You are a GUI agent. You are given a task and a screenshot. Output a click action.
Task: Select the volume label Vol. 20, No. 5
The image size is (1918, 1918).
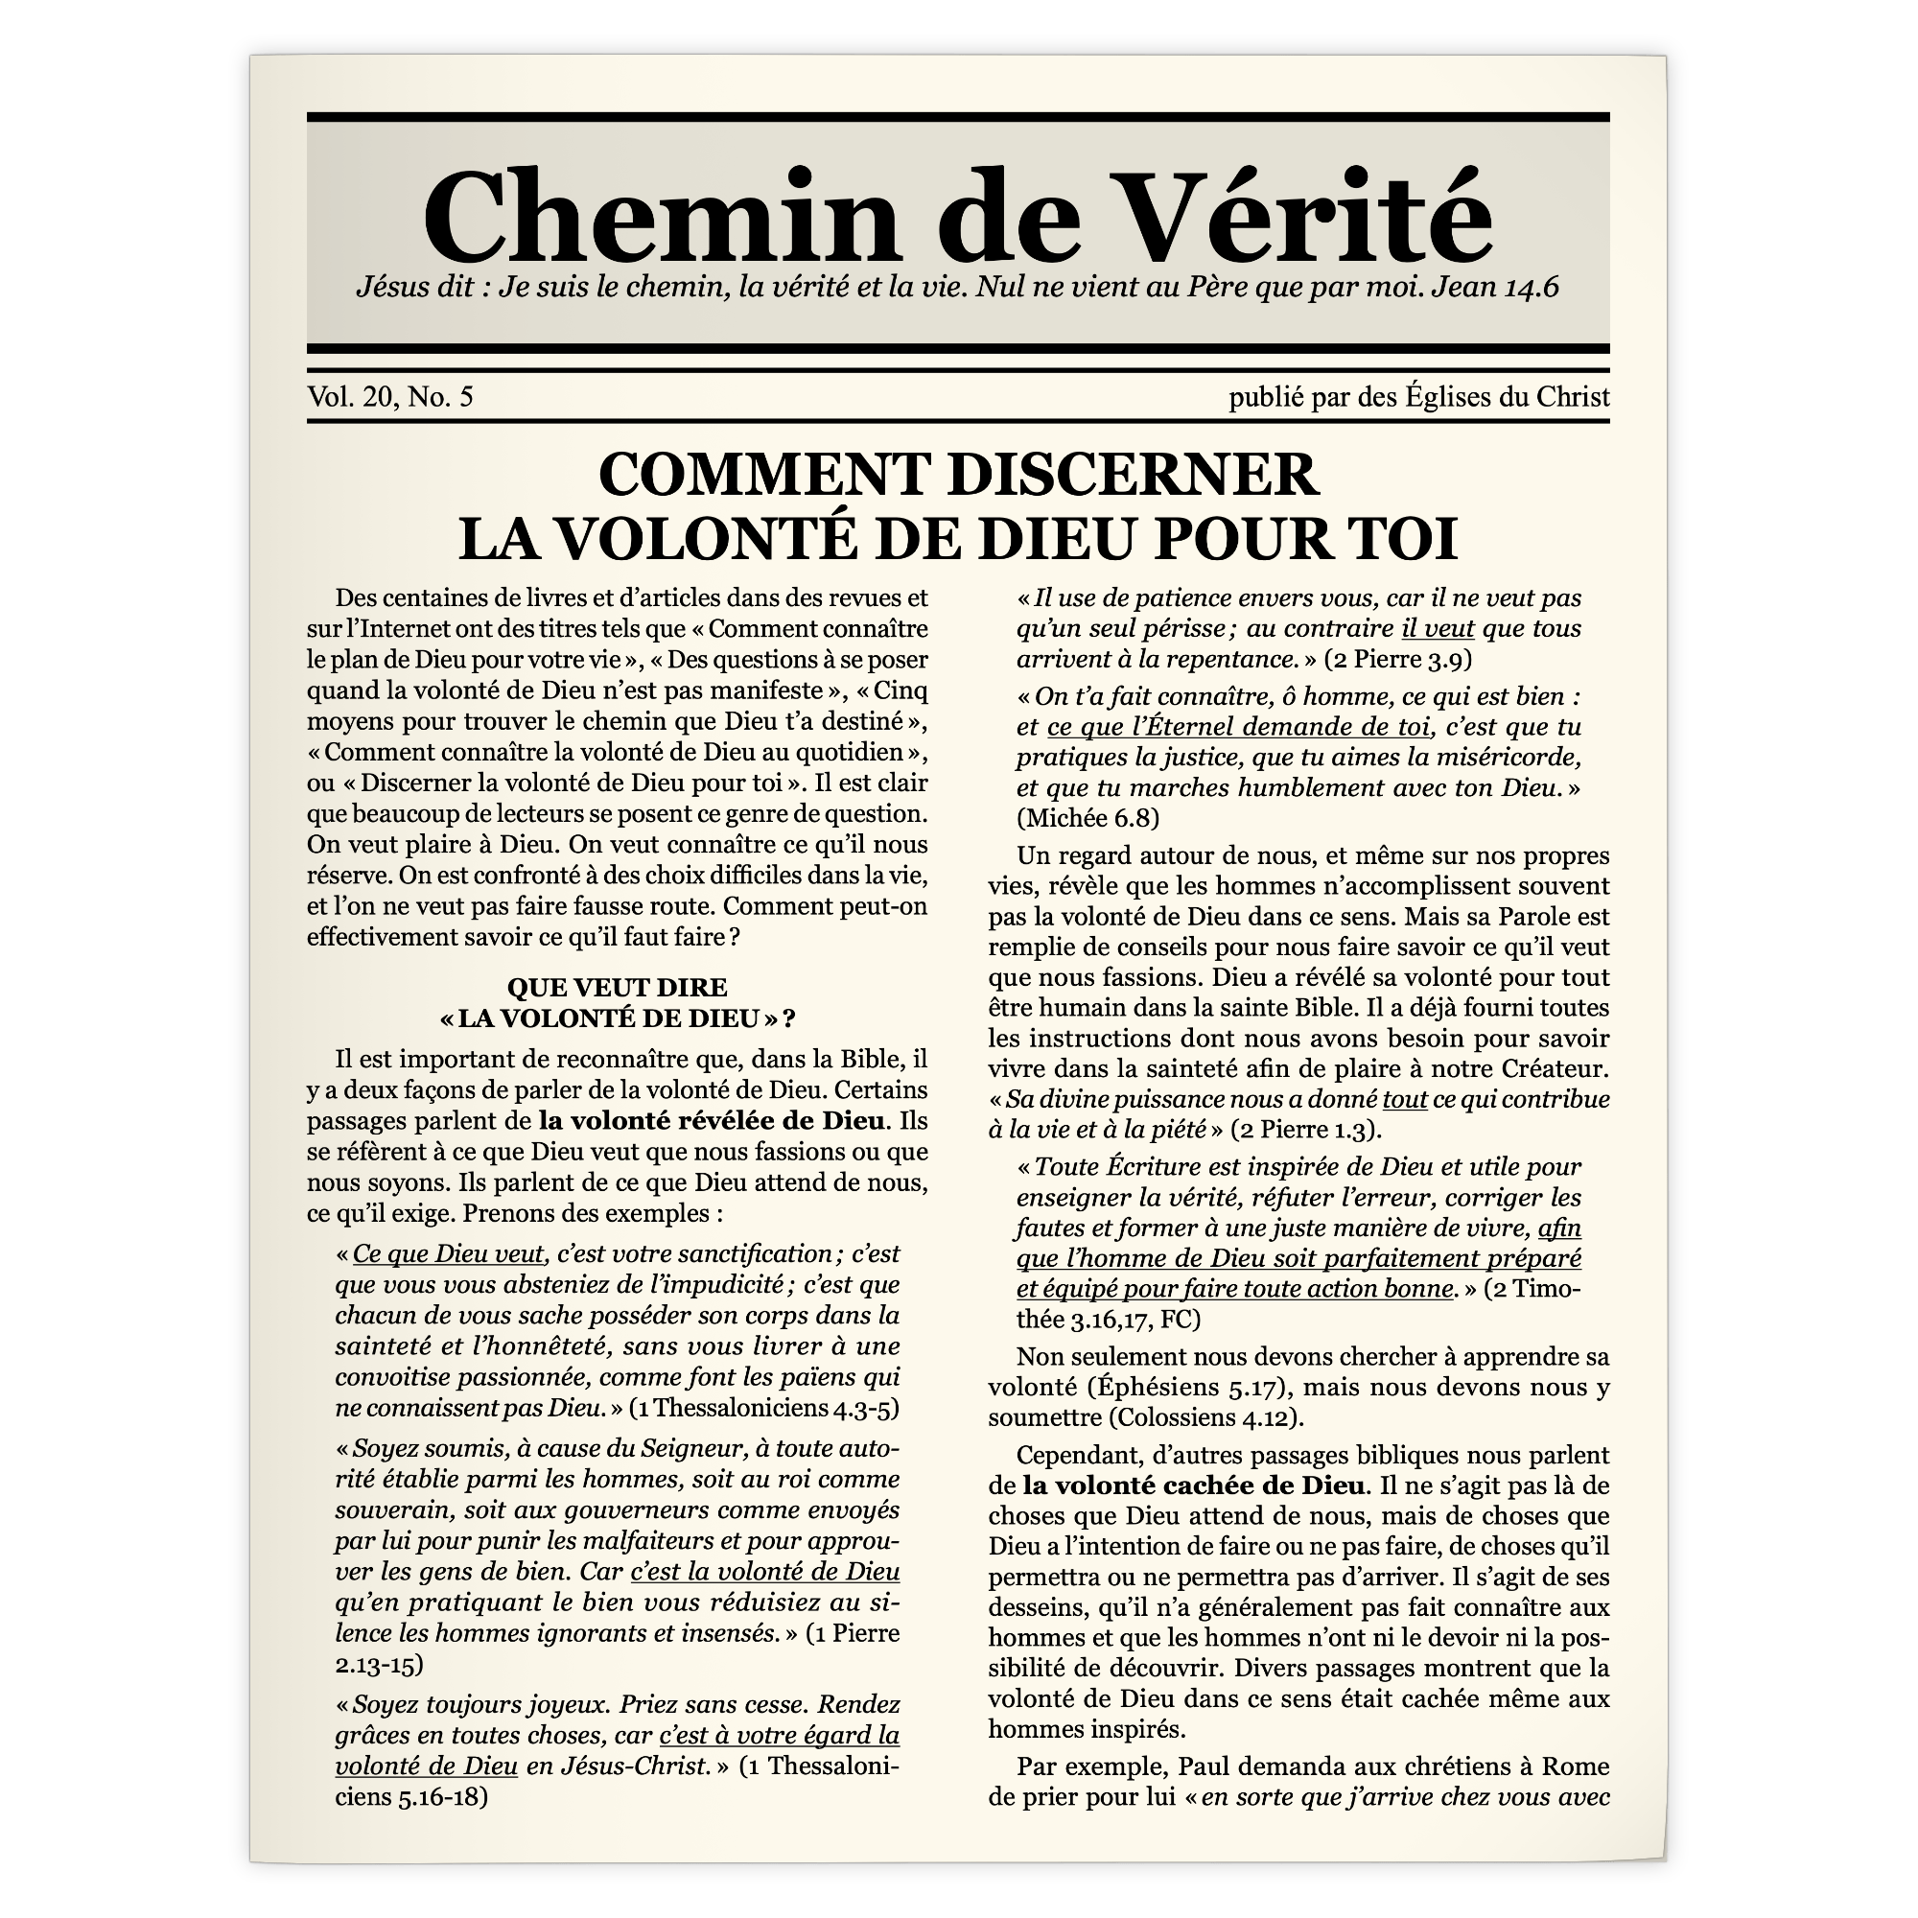coord(390,397)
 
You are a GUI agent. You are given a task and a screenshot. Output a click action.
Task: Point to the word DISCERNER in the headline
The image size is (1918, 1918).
coord(1133,475)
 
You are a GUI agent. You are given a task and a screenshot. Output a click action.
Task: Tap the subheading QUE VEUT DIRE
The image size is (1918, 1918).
coord(617,987)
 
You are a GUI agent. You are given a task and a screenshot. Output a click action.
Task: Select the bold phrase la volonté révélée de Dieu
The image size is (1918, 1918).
coord(712,1121)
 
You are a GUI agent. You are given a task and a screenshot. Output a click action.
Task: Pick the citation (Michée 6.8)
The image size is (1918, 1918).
coord(1088,818)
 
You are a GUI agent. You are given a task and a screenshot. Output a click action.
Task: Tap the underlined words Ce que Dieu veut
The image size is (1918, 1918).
coord(448,1253)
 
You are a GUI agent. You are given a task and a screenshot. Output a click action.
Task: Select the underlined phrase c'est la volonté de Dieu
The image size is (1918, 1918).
coord(764,1572)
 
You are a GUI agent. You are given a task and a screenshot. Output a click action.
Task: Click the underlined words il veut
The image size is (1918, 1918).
coord(1438,628)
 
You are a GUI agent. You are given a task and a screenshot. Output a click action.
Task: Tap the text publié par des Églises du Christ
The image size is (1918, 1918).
coord(1418,397)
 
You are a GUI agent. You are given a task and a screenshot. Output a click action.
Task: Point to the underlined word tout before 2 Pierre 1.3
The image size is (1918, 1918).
coord(1404,1099)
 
